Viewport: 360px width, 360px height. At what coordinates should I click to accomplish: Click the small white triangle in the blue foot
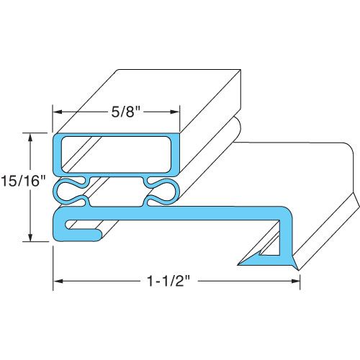click(271, 249)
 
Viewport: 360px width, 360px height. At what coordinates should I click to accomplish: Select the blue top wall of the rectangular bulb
click(116, 136)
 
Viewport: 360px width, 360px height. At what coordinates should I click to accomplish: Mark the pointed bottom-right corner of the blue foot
click(297, 267)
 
